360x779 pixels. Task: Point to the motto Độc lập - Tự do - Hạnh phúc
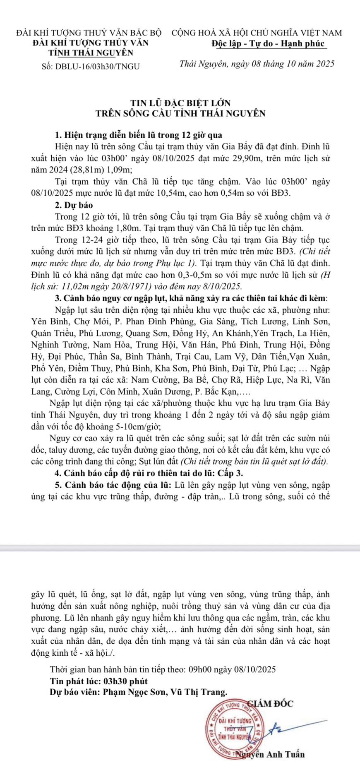pos(269,44)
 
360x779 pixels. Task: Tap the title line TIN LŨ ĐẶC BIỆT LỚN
pos(180,103)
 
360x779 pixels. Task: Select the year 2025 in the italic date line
pos(325,64)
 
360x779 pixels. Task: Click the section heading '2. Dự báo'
pos(74,205)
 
